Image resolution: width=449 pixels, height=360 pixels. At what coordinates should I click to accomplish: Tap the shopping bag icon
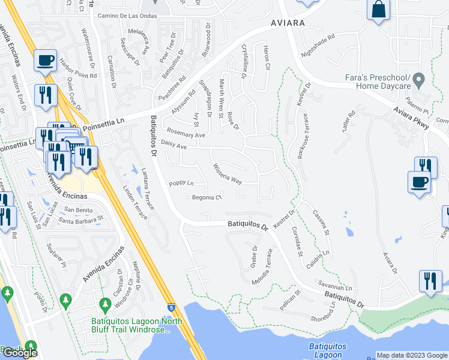coord(379,10)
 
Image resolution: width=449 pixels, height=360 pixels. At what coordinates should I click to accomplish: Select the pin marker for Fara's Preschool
coord(420,79)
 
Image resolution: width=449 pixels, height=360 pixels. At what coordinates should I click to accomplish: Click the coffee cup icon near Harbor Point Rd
coord(46,60)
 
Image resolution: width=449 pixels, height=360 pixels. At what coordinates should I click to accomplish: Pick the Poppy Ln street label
coord(181,183)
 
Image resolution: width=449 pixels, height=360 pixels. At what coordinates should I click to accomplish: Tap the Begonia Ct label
coord(207,197)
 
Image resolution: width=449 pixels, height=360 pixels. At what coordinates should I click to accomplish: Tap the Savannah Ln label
coord(335,287)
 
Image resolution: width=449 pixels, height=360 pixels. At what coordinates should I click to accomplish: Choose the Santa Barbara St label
coord(81,221)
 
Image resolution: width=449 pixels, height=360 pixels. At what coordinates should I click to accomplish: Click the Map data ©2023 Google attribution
coord(412,355)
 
